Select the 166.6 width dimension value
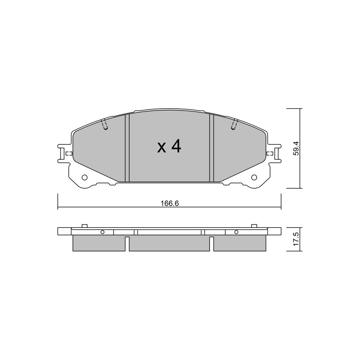coord(170,203)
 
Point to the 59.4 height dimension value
coord(296,148)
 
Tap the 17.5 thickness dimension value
coord(296,239)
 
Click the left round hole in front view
coord(85,177)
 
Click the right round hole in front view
coord(254,177)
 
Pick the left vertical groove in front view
coord(127,148)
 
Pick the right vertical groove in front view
coord(212,148)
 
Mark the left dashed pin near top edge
coord(104,125)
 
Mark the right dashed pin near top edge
coord(234,125)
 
